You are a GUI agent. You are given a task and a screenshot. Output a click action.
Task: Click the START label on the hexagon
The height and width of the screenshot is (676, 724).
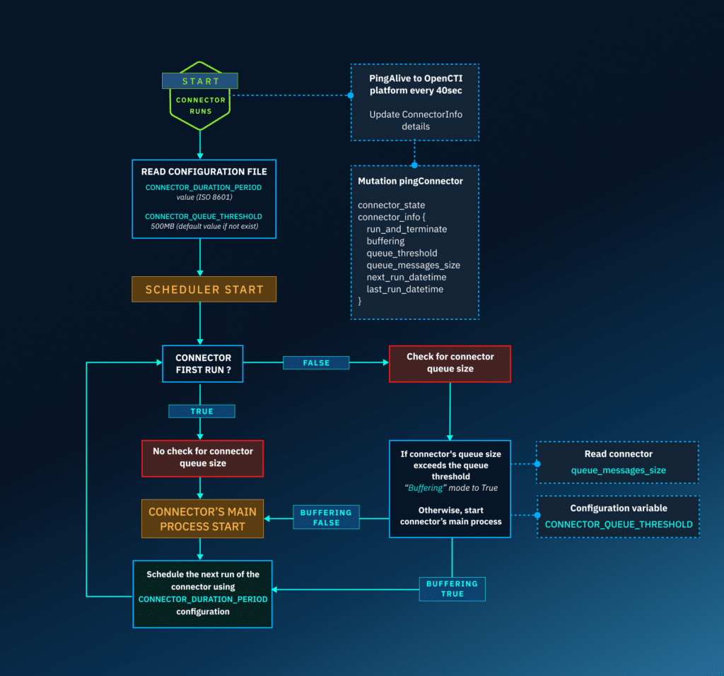(200, 81)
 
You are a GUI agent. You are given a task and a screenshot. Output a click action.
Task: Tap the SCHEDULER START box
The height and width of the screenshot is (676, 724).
(204, 290)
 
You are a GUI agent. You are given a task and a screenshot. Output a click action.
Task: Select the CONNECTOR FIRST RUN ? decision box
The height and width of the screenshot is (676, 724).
(203, 364)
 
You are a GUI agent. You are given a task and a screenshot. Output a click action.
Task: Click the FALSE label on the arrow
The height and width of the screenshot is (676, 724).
(316, 362)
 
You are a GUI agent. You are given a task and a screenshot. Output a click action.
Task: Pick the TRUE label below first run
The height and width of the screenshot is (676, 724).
(202, 411)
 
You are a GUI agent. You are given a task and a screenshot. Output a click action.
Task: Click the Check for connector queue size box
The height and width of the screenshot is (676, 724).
(450, 363)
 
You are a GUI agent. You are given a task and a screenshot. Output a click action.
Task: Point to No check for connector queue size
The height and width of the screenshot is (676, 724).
(202, 457)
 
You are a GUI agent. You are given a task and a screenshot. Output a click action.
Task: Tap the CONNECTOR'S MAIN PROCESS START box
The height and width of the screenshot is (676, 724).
(202, 519)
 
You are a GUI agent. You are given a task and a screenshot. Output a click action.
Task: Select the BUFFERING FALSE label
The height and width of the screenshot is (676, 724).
(326, 518)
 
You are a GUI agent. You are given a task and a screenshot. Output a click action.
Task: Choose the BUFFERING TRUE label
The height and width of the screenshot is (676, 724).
(452, 589)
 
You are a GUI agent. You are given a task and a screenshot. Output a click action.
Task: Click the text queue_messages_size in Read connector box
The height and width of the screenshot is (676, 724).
(618, 470)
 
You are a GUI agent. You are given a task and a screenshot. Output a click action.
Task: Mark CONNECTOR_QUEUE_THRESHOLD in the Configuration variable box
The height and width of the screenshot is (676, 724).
(618, 525)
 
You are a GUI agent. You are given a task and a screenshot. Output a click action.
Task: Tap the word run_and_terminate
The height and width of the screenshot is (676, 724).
(407, 230)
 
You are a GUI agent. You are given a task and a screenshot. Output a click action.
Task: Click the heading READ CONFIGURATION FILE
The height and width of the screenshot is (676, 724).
(204, 172)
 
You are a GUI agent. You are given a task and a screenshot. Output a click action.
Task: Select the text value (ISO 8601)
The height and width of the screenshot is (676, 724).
(204, 198)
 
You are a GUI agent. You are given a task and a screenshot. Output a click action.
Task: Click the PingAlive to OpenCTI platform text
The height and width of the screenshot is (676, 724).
(415, 84)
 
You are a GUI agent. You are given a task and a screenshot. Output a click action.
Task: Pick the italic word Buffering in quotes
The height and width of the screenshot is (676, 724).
(425, 488)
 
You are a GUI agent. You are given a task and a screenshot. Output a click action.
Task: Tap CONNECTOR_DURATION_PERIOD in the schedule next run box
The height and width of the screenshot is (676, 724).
(203, 599)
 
